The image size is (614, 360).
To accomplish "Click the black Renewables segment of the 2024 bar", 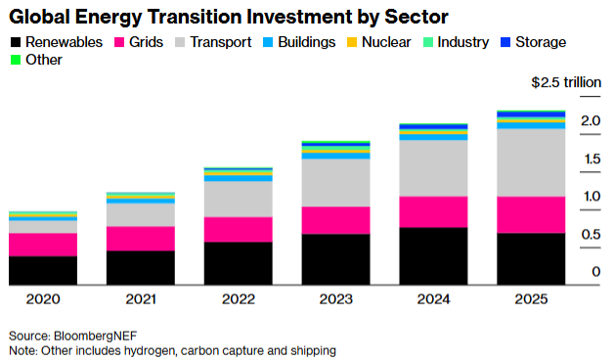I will pyautogui.click(x=433, y=255).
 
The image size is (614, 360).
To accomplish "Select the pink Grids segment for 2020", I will pyautogui.click(x=42, y=245).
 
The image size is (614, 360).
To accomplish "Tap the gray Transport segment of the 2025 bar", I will pyautogui.click(x=530, y=162).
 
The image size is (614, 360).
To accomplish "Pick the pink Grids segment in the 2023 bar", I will pyautogui.click(x=335, y=220).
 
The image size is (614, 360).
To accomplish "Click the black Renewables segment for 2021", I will pyautogui.click(x=140, y=267).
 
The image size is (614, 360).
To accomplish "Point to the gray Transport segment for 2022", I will pyautogui.click(x=238, y=199).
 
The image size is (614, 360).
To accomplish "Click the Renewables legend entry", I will pyautogui.click(x=58, y=42).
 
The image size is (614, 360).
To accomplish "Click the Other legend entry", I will pyautogui.click(x=38, y=60).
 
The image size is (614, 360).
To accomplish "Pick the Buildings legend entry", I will pyautogui.click(x=297, y=42).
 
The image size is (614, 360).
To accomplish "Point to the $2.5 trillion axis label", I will pyautogui.click(x=565, y=83).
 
